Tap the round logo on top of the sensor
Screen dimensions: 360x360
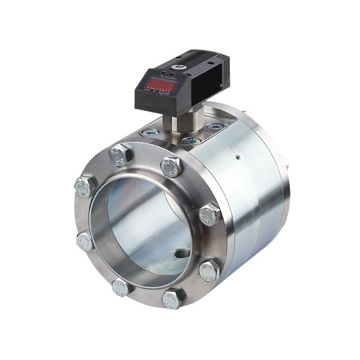pos(179,61)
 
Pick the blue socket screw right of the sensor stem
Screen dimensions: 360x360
pos(215,127)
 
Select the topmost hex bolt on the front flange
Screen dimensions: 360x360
pos(119,155)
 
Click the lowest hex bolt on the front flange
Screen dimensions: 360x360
pos(173,298)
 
